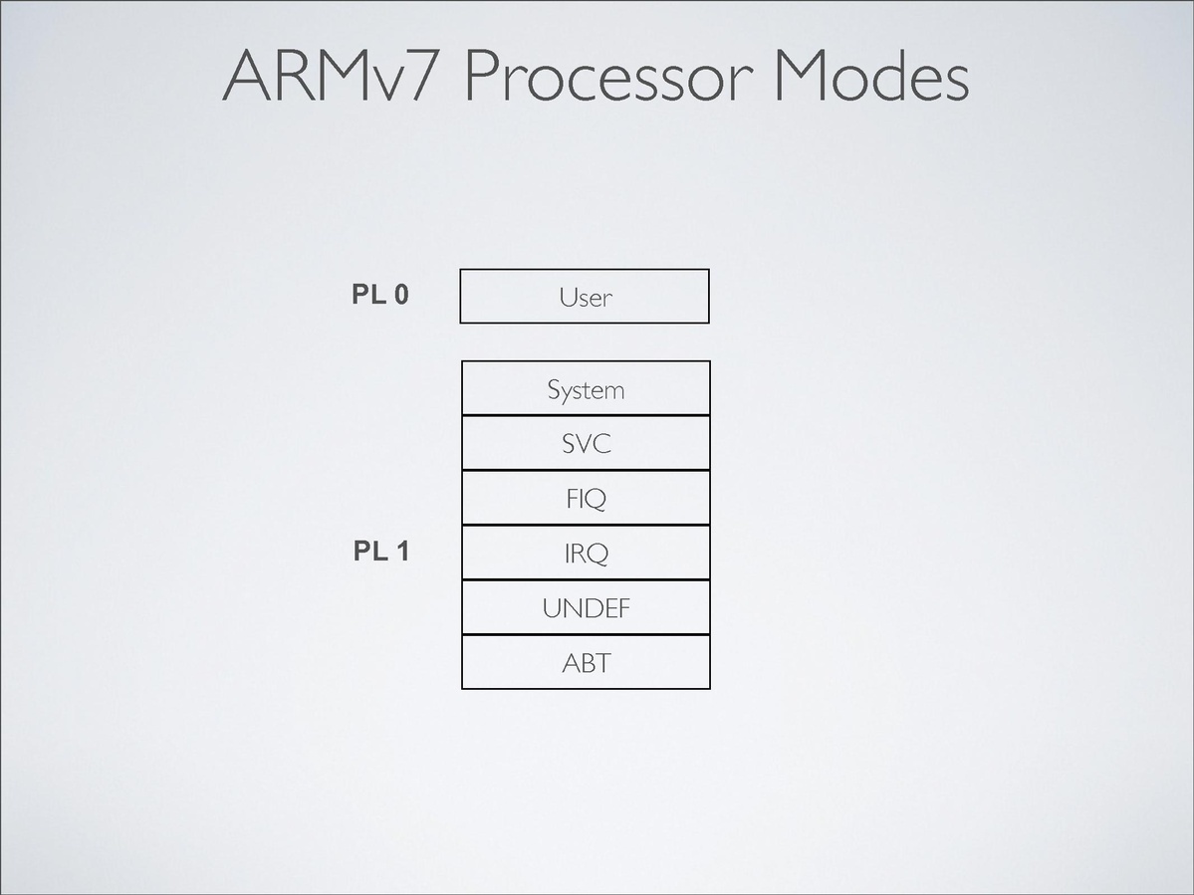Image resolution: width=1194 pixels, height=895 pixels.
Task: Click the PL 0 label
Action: pyautogui.click(x=379, y=295)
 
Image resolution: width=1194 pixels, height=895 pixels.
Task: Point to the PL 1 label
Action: pyautogui.click(x=380, y=551)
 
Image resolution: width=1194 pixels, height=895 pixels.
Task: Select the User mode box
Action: pyautogui.click(x=585, y=296)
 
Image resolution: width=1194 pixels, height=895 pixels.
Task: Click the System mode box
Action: pyautogui.click(x=586, y=388)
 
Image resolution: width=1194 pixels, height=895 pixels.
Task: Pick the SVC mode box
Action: pyautogui.click(x=586, y=443)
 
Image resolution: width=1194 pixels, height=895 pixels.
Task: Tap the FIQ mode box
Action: pyautogui.click(x=586, y=498)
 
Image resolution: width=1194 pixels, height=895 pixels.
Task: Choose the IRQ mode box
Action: pyautogui.click(x=586, y=553)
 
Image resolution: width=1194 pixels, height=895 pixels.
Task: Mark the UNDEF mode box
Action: pyautogui.click(x=586, y=607)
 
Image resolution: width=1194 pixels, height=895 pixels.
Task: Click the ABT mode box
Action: pyautogui.click(x=586, y=662)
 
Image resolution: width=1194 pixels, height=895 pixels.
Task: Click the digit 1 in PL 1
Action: pyautogui.click(x=401, y=551)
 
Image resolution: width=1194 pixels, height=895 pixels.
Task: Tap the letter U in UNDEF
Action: pyautogui.click(x=552, y=607)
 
